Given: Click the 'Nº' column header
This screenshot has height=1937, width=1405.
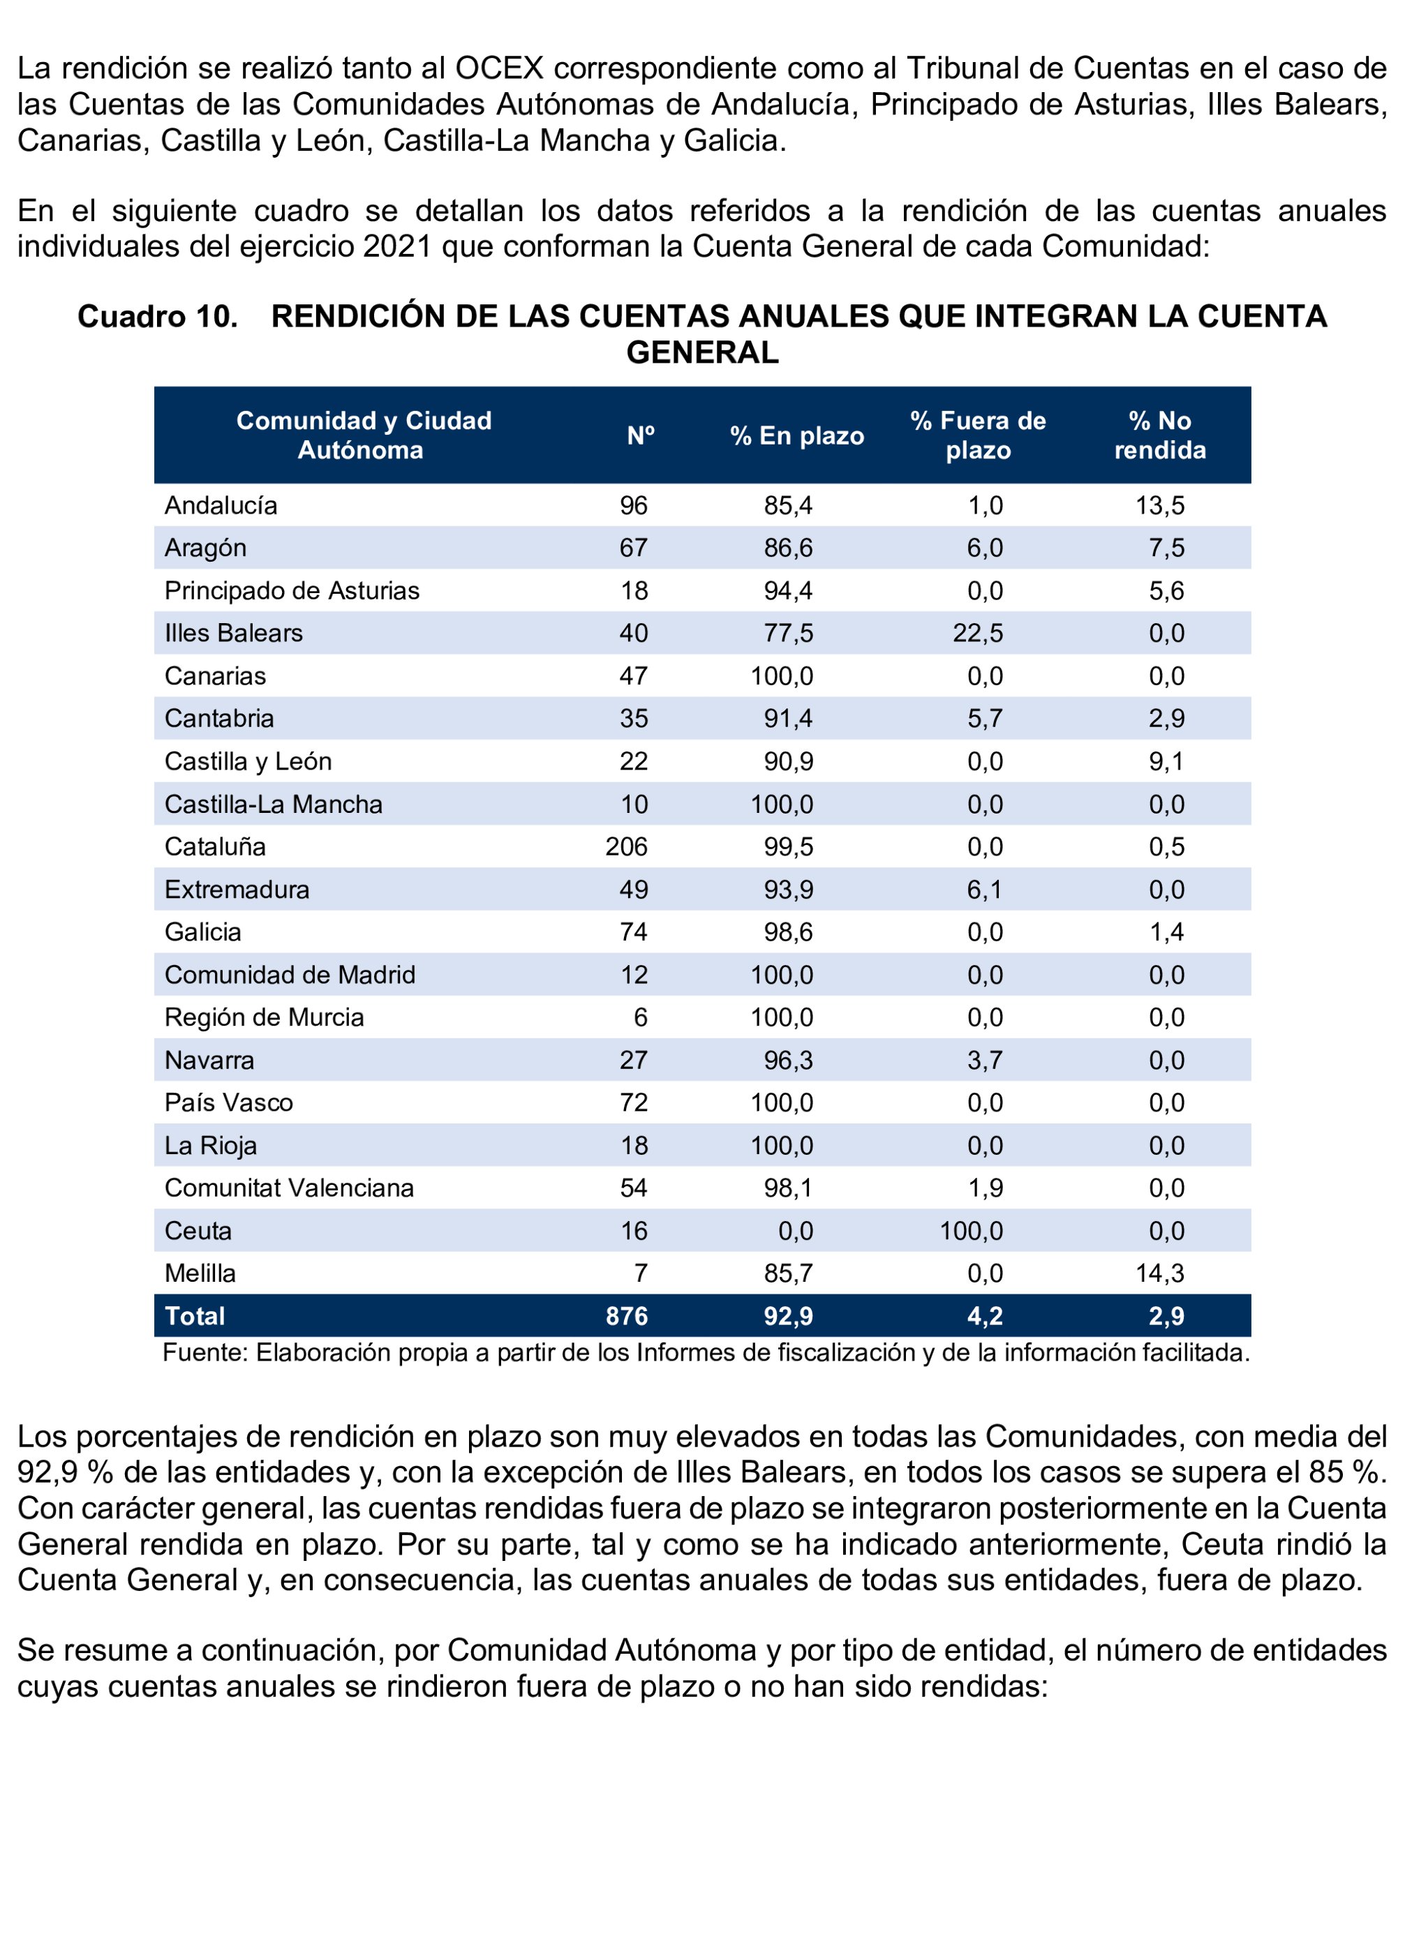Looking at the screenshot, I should pyautogui.click(x=640, y=435).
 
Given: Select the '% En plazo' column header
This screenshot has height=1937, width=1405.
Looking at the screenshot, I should pyautogui.click(x=796, y=435).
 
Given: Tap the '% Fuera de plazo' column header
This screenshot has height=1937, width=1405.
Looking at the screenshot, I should pyautogui.click(x=977, y=435).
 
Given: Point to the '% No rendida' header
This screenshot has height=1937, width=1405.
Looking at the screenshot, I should pyautogui.click(x=1159, y=435).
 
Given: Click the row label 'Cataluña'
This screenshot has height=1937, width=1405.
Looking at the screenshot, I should pyautogui.click(x=215, y=846).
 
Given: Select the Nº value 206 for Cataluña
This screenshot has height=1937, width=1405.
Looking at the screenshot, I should pyautogui.click(x=626, y=846).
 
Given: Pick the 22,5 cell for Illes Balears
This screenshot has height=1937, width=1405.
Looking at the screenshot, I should pyautogui.click(x=977, y=633).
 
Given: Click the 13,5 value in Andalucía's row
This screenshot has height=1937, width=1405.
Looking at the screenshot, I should pyautogui.click(x=1159, y=506).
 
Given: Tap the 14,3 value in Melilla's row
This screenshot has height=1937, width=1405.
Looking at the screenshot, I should pyautogui.click(x=1159, y=1273).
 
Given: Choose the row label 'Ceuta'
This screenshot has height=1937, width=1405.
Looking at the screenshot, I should pyautogui.click(x=198, y=1231).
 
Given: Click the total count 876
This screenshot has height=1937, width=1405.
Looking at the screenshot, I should pyautogui.click(x=626, y=1316).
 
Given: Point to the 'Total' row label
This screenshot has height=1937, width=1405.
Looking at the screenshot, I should pyautogui.click(x=195, y=1316).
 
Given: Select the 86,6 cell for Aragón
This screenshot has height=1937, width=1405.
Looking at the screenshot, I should pyautogui.click(x=787, y=548).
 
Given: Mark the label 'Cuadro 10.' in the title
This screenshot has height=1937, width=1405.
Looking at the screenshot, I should pyautogui.click(x=157, y=317).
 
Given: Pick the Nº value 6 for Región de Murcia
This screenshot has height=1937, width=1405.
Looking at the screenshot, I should pyautogui.click(x=640, y=1017).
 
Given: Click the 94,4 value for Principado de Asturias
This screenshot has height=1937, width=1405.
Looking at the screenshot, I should pyautogui.click(x=787, y=591).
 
